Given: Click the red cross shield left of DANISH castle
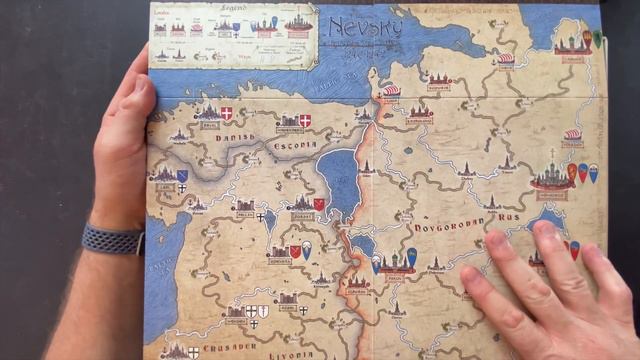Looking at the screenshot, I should [x=226, y=114].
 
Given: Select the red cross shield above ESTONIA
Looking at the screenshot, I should [x=305, y=121].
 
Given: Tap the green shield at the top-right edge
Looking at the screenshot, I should [x=598, y=38].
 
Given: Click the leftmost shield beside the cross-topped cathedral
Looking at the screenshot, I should [x=572, y=172].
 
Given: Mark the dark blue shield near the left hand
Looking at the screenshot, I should [x=182, y=176].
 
